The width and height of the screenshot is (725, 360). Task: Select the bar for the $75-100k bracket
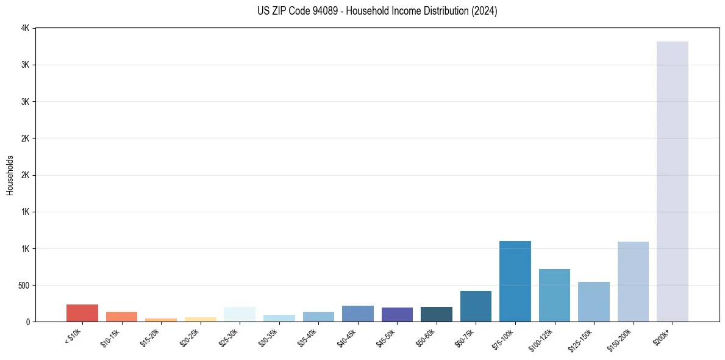[515, 281]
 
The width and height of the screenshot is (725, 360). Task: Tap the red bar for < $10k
[82, 313]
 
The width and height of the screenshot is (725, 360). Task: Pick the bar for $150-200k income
[633, 281]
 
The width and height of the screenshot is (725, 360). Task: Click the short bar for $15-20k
[161, 320]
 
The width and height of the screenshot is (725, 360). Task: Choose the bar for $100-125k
[554, 295]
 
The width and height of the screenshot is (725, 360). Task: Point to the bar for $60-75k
[476, 306]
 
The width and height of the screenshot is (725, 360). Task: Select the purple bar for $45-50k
[397, 314]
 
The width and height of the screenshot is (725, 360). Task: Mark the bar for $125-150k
[593, 301]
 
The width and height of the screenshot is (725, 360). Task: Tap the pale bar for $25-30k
[240, 314]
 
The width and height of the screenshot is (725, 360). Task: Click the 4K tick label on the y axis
[25, 28]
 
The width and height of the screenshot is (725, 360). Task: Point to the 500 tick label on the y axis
[23, 285]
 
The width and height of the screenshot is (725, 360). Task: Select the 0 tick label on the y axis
[27, 322]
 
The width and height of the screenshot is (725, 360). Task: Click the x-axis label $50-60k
[426, 336]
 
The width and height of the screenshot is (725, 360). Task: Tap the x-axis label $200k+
[663, 335]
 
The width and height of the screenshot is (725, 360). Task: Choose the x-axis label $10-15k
[111, 336]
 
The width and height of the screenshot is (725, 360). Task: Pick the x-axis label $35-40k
[308, 336]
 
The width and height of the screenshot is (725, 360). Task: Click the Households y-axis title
[10, 175]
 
